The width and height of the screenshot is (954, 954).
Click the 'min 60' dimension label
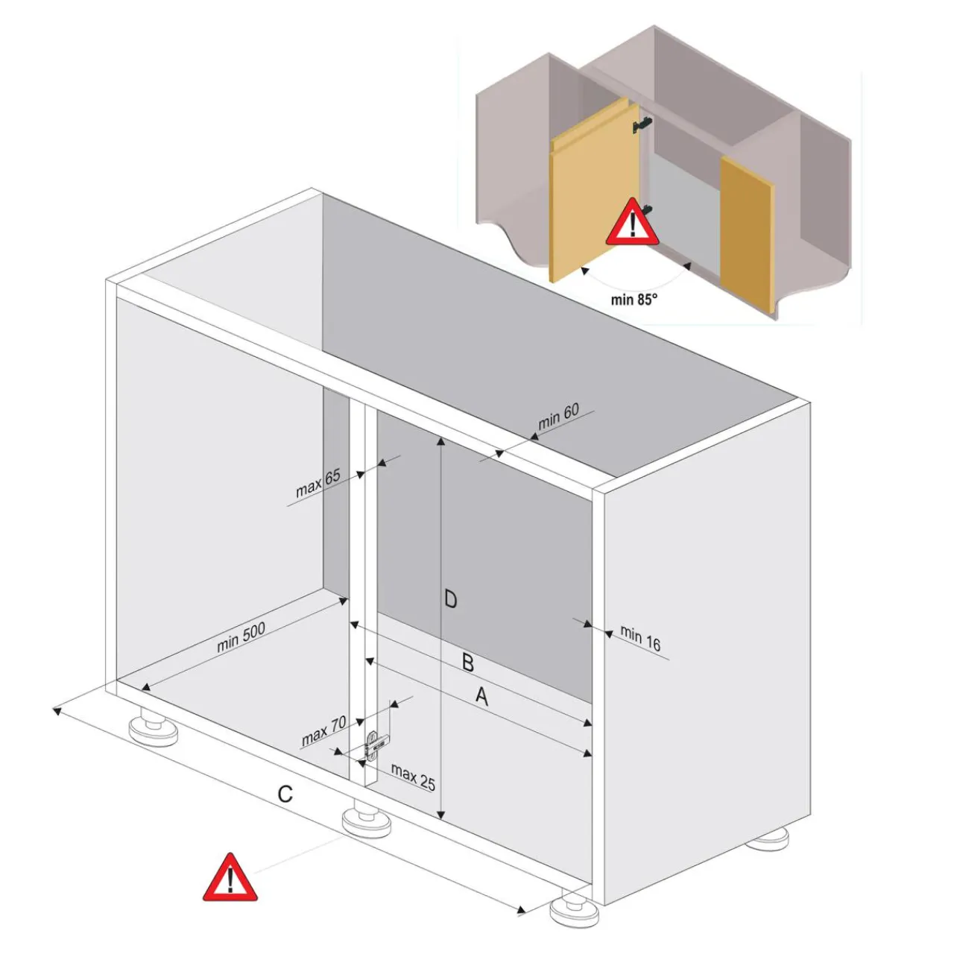558,417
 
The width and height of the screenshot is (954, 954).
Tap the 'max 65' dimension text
318,483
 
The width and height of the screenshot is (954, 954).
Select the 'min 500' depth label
241,637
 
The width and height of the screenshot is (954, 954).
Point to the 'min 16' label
641,639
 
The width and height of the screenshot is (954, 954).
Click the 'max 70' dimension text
323,731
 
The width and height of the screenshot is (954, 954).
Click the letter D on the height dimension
450,600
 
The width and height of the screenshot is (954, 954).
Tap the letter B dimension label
468,663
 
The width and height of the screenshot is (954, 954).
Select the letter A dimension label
481,697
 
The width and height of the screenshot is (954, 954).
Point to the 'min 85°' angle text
634,299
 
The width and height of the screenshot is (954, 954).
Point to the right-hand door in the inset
747,233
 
